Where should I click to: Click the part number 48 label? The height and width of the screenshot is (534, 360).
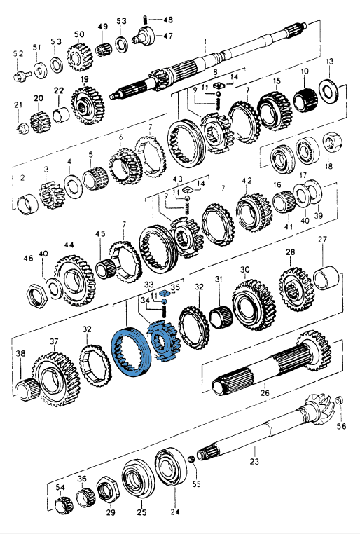168,20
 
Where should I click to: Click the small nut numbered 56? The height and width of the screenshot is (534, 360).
339,400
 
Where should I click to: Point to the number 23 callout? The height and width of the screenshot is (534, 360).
254,461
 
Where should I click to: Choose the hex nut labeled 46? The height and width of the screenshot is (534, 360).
36,296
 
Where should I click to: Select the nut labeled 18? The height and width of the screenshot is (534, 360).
332,142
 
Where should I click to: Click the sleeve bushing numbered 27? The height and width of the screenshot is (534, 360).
326,278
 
